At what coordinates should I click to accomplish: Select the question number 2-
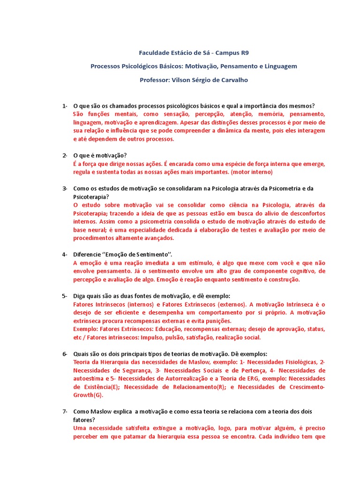pyautogui.click(x=65, y=155)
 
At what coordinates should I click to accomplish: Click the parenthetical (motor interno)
pyautogui.click(x=252, y=172)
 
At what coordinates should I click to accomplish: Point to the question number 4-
pyautogui.click(x=65, y=254)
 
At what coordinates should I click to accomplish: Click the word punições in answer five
pyautogui.click(x=218, y=321)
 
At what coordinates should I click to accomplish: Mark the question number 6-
pyautogui.click(x=65, y=354)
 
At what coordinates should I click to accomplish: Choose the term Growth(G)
pyautogui.click(x=88, y=395)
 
